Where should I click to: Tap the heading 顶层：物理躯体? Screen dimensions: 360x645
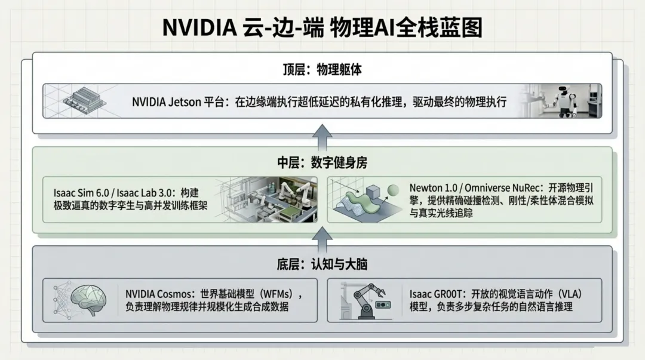(322, 69)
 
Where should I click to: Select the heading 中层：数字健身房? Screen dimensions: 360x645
(322, 162)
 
